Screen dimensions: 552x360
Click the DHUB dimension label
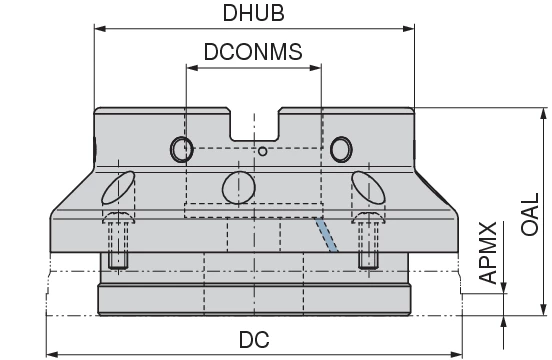pyautogui.click(x=253, y=13)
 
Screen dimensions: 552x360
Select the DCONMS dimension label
pyautogui.click(x=253, y=52)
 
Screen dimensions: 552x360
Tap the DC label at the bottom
pyautogui.click(x=254, y=340)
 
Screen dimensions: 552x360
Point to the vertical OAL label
pyautogui.click(x=530, y=214)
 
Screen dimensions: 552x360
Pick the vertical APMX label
pyautogui.click(x=488, y=252)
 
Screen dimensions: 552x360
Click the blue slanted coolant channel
pyautogui.click(x=326, y=235)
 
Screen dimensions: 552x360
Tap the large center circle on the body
pyautogui.click(x=239, y=188)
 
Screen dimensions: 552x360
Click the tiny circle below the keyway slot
pyautogui.click(x=263, y=151)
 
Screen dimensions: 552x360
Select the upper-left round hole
pyautogui.click(x=182, y=149)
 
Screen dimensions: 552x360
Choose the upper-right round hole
pyautogui.click(x=341, y=149)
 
